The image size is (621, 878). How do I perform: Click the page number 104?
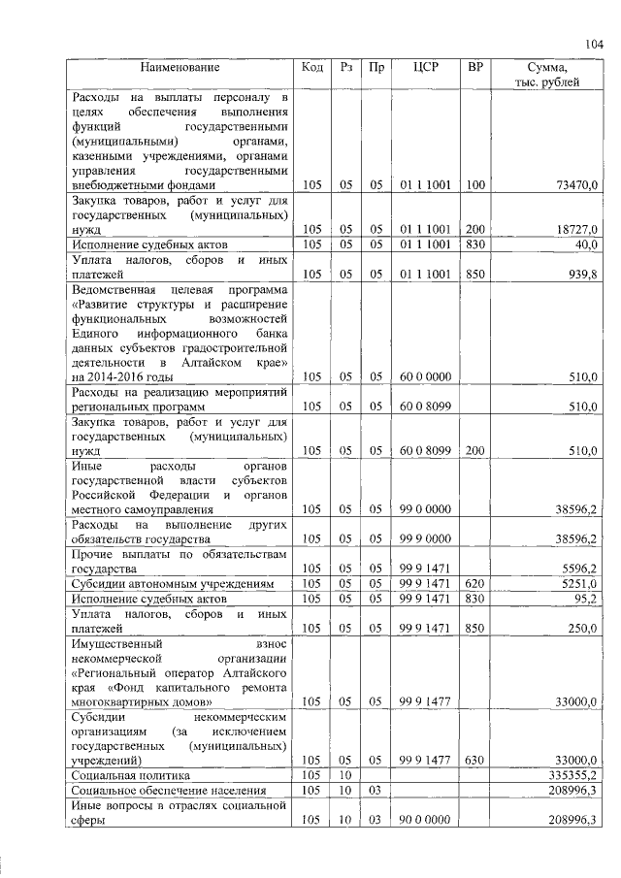(594, 44)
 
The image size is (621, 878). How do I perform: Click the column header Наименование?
(180, 68)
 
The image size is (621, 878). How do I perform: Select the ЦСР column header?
(426, 68)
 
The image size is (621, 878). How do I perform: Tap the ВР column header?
(474, 68)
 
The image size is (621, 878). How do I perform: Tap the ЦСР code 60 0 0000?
(426, 376)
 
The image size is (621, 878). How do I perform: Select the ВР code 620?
(474, 584)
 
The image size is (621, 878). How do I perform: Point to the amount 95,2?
(585, 599)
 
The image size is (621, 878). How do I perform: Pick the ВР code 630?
(474, 761)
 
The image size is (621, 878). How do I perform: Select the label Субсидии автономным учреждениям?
(164, 584)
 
